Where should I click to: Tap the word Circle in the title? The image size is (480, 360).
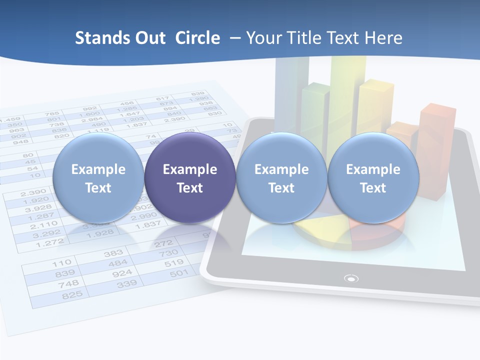(197, 38)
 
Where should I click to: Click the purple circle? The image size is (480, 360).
(189, 178)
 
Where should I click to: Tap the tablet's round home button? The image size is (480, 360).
(351, 278)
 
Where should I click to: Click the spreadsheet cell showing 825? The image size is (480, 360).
(72, 295)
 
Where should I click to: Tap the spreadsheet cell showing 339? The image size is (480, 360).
(127, 284)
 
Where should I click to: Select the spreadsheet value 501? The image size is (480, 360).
(179, 273)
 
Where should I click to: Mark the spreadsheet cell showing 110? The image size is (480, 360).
(61, 262)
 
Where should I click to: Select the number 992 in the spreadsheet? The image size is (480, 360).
(90, 107)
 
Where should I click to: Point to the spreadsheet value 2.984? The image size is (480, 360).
(91, 119)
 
